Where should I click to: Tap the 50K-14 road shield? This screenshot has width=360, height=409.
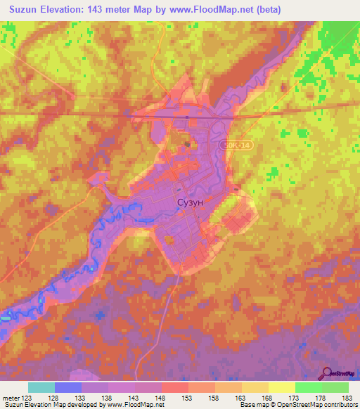[237, 144]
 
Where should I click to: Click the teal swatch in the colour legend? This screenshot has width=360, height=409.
[41, 387]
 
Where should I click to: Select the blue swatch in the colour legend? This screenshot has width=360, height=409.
[68, 387]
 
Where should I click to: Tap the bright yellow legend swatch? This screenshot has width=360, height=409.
[282, 387]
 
